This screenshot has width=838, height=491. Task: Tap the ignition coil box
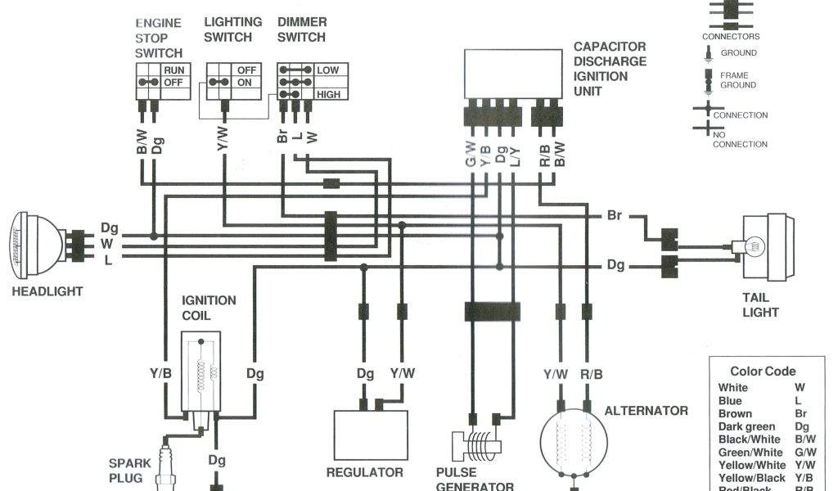[201, 371]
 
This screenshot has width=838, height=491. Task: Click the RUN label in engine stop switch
[173, 70]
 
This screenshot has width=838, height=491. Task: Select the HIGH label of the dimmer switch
[327, 95]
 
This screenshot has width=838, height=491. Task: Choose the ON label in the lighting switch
[245, 83]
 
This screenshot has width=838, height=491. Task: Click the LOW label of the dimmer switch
[327, 70]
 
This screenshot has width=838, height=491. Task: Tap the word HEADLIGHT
[47, 291]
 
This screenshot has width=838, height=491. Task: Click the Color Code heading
[763, 372]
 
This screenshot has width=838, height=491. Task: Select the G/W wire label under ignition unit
[471, 155]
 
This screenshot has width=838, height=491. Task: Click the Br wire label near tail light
[615, 216]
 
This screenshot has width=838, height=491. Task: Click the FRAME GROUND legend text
[737, 80]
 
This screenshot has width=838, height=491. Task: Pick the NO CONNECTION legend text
[740, 139]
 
